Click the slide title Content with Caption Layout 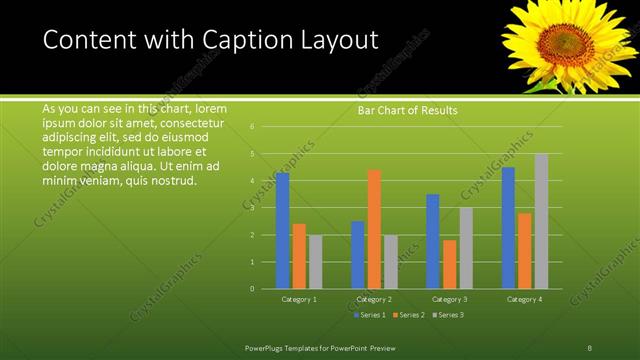pyautogui.click(x=210, y=40)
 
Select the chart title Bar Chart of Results pyautogui.click(x=407, y=111)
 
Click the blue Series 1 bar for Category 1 pyautogui.click(x=282, y=230)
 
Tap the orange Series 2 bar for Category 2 pyautogui.click(x=374, y=229)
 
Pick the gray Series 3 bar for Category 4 pyautogui.click(x=541, y=221)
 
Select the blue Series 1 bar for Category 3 pyautogui.click(x=432, y=241)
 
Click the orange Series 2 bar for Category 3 pyautogui.click(x=449, y=264)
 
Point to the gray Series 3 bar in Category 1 pyautogui.click(x=316, y=262)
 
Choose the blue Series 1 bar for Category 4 pyautogui.click(x=508, y=228)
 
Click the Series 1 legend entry pyautogui.click(x=369, y=315)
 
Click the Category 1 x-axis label pyautogui.click(x=299, y=299)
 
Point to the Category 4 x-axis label pyautogui.click(x=524, y=299)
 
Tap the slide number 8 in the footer pyautogui.click(x=590, y=347)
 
